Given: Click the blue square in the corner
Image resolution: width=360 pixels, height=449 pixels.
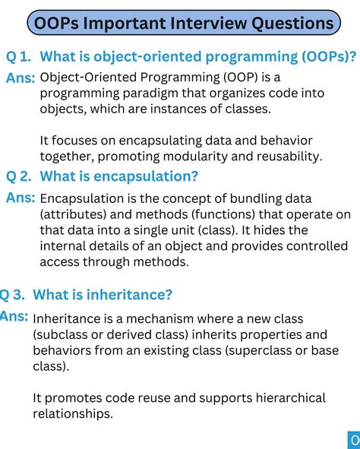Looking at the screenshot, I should point(354,440).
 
